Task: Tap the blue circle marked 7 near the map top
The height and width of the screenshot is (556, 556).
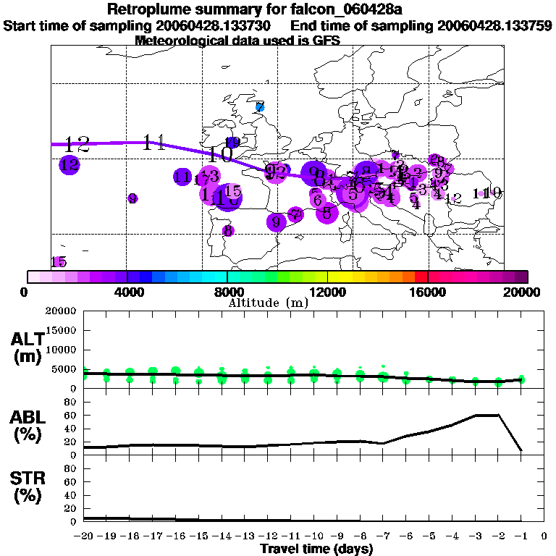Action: (260, 107)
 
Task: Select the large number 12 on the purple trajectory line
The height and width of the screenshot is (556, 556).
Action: (77, 144)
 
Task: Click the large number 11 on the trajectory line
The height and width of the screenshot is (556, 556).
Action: (153, 142)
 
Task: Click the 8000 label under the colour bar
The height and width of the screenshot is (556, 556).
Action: (227, 292)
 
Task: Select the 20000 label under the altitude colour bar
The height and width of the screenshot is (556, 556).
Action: (523, 292)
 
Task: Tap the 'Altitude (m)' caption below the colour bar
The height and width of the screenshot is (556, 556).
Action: (269, 303)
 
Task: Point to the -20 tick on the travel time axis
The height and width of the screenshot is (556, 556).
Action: (85, 536)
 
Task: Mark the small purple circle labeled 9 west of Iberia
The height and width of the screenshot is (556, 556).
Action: (132, 198)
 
